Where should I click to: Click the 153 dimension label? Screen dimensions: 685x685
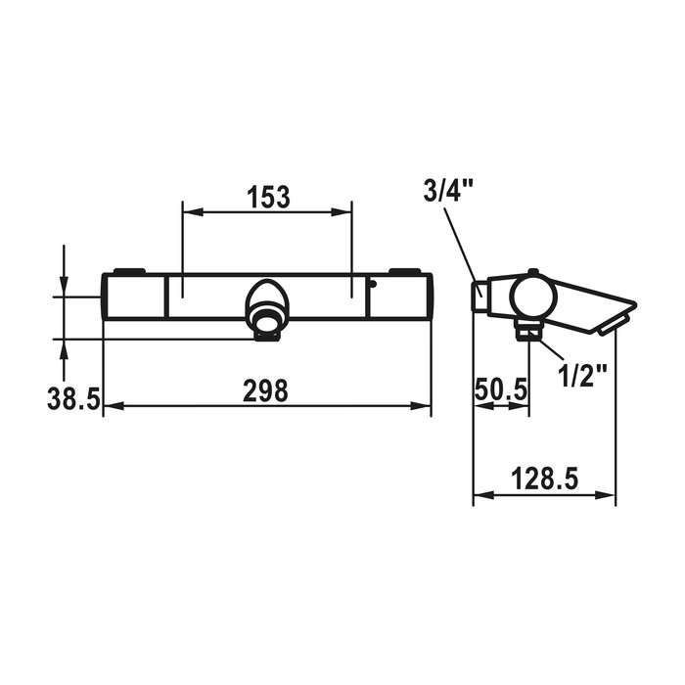pos(268,197)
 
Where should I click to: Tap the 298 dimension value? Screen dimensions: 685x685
pos(265,390)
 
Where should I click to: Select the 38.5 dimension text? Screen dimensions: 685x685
pos(73,399)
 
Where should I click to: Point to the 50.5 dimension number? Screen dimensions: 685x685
pos(501,389)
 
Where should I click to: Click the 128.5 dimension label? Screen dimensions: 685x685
pos(545,479)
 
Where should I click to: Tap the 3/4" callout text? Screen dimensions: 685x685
pos(448,191)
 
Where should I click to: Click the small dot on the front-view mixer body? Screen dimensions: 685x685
pos(372,285)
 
